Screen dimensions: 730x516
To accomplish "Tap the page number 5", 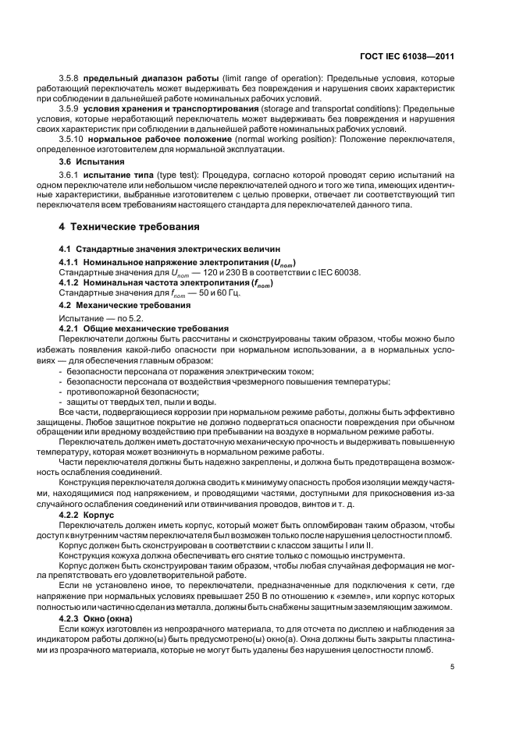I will coord(453,666).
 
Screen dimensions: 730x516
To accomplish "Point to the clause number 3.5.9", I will coord(70,109).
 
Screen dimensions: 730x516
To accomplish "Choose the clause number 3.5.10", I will coord(73,138).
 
